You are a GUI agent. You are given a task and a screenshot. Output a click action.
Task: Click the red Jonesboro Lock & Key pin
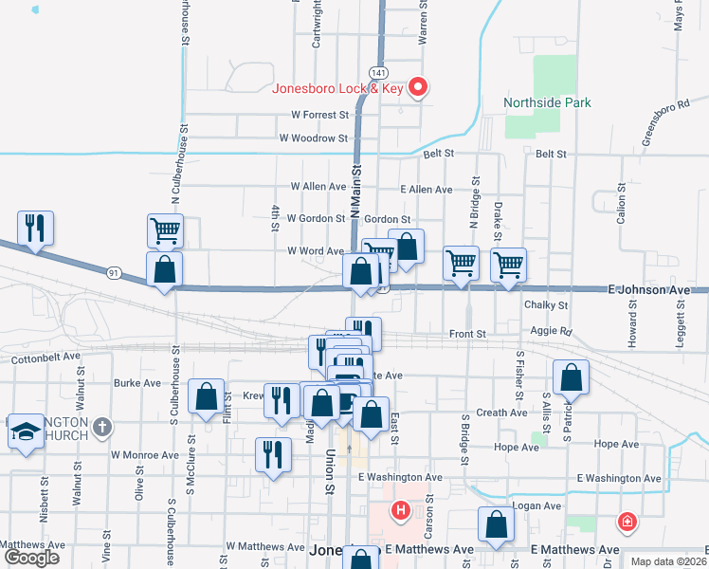(x=417, y=88)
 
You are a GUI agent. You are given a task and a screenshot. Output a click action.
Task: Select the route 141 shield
(x=378, y=73)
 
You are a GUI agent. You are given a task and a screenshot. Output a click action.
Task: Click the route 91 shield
(x=113, y=273)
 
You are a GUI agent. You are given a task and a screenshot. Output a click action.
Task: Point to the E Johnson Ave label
(x=649, y=288)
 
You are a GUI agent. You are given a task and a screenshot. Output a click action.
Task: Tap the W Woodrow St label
(x=314, y=138)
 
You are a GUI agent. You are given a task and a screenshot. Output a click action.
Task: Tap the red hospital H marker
(x=401, y=511)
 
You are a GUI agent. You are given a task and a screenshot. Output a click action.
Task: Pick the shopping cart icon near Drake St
(x=509, y=265)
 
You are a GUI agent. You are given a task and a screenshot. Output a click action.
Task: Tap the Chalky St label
(x=545, y=305)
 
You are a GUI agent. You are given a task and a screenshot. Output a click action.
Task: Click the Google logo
(x=31, y=558)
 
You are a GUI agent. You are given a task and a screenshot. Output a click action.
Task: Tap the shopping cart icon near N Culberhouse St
(x=165, y=230)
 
